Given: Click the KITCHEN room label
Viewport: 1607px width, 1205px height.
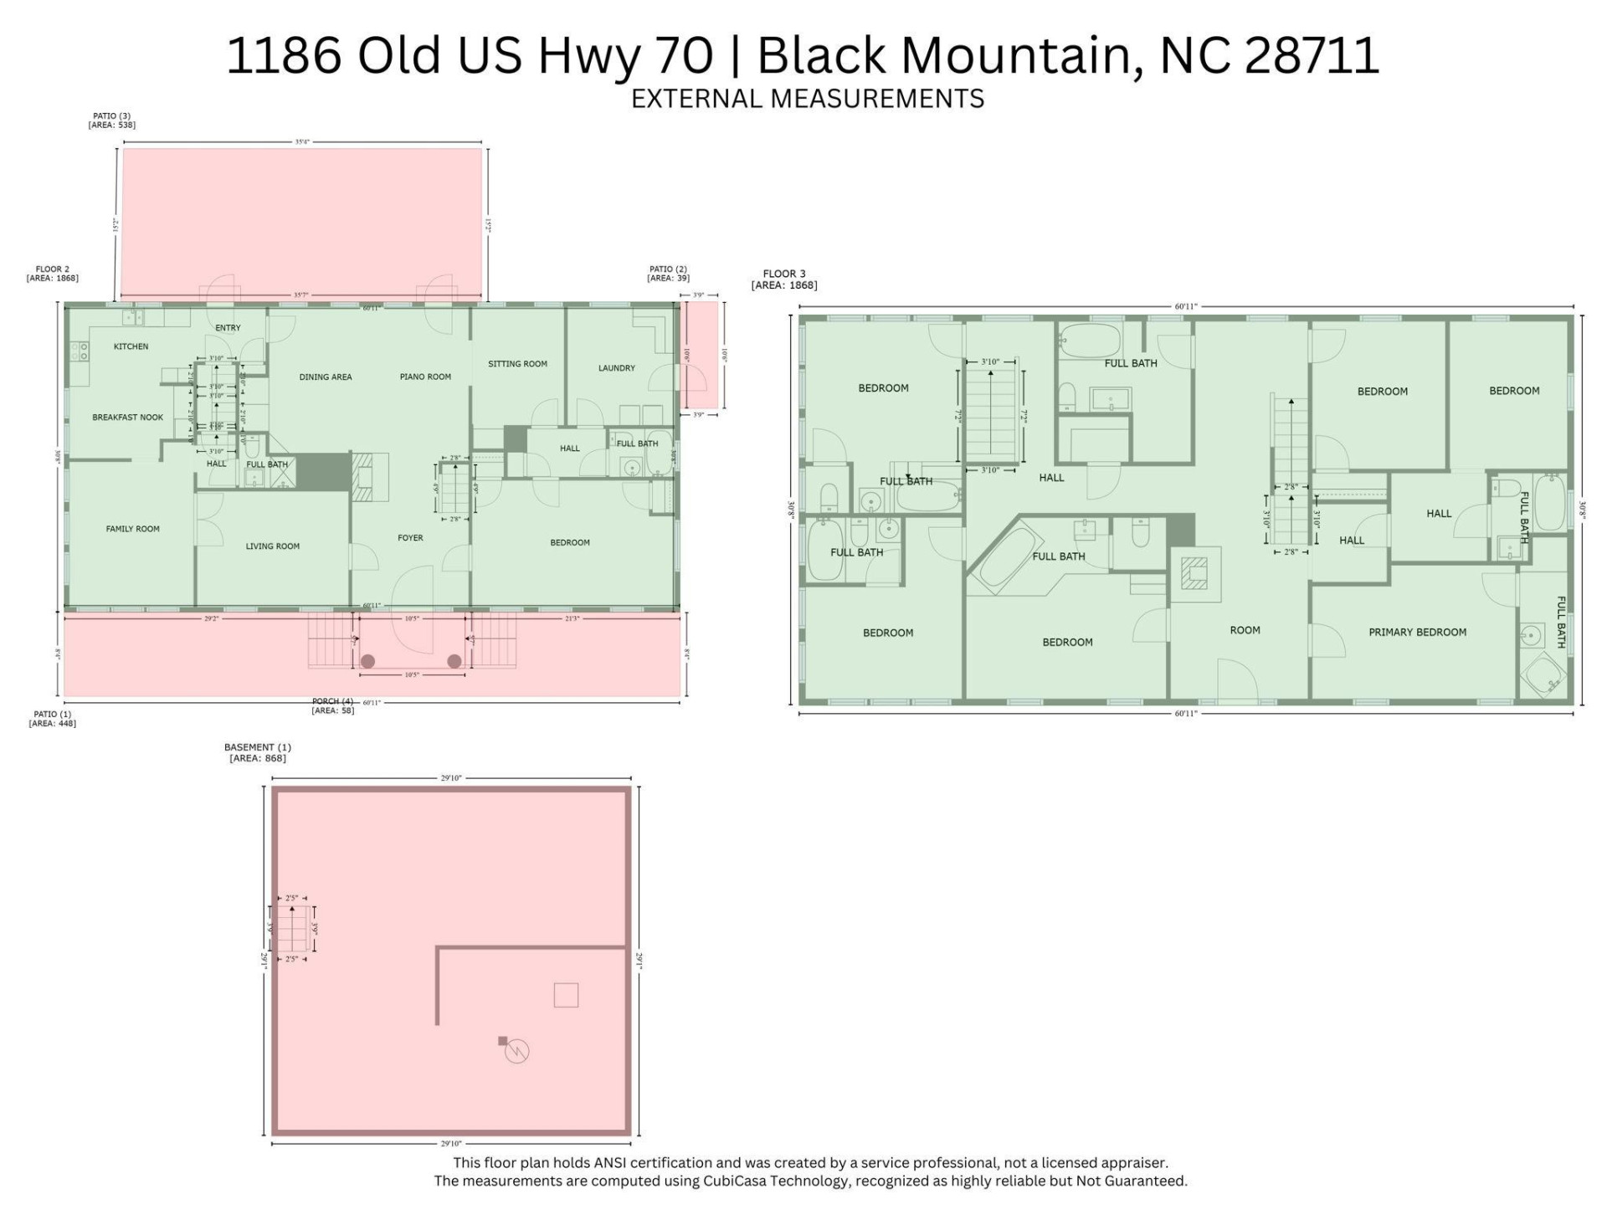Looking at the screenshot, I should (x=131, y=346).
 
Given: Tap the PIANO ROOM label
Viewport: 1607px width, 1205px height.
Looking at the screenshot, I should (x=425, y=377).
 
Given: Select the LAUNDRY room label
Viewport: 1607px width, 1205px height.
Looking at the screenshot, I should (x=616, y=368).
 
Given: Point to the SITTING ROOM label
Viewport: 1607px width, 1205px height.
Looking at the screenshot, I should (x=517, y=364).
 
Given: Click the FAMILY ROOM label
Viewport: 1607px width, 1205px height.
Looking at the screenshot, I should (x=132, y=529).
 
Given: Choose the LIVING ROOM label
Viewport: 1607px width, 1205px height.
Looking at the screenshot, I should (x=272, y=546).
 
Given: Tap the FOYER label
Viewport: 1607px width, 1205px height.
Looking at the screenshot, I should (x=410, y=538).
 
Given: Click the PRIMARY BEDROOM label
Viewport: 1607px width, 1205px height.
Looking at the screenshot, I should (x=1417, y=633).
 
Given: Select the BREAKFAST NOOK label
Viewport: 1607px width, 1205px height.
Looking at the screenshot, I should (x=127, y=418).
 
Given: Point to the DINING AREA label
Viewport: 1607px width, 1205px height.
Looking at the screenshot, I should (x=326, y=377).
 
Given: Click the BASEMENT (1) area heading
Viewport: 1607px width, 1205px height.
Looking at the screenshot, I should (x=257, y=747).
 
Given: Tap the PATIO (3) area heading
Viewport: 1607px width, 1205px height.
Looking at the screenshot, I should (x=111, y=116).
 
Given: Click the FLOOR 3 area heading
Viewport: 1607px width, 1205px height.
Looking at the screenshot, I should (x=784, y=274).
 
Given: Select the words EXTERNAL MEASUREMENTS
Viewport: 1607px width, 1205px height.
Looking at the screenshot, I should (x=807, y=99).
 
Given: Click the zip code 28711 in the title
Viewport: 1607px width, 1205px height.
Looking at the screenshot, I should (x=1311, y=55).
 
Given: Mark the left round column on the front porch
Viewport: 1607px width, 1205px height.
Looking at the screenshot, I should (x=367, y=662).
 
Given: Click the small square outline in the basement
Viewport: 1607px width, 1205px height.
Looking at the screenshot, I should (x=566, y=995).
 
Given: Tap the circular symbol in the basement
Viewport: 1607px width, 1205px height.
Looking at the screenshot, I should (x=517, y=1051).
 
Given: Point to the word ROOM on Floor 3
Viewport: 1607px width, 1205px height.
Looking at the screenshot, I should (x=1245, y=630).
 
